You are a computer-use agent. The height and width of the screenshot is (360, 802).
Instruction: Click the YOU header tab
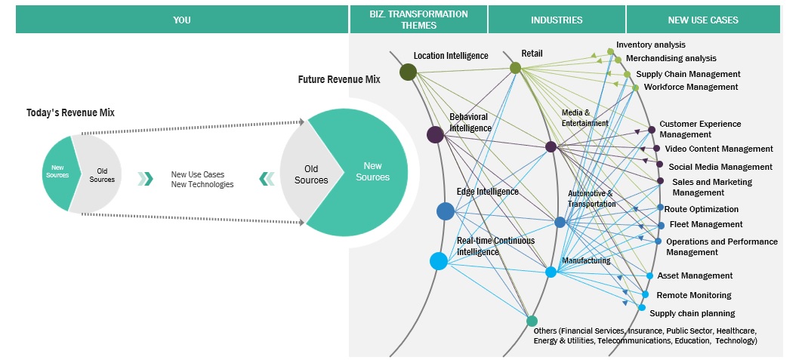[181, 20]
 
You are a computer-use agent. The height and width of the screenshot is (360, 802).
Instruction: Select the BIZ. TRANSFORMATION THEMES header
[418, 20]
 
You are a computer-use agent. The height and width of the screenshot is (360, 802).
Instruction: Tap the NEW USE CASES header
[702, 20]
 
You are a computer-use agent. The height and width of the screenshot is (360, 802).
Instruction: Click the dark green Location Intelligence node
[409, 72]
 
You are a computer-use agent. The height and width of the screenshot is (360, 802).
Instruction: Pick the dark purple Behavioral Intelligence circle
[435, 134]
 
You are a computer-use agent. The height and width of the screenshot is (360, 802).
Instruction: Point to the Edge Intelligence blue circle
[446, 211]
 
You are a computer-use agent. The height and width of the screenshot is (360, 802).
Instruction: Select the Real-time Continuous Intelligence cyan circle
[439, 261]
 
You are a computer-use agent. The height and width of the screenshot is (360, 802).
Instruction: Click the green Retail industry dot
[515, 68]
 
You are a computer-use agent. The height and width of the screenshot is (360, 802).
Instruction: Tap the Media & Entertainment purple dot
[551, 146]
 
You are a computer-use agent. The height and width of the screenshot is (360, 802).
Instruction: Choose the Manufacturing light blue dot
[551, 272]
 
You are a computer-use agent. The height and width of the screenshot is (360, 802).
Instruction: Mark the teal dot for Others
[532, 321]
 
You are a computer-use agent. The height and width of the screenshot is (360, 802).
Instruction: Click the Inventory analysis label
[650, 45]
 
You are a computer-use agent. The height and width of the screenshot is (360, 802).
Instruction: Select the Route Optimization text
[702, 209]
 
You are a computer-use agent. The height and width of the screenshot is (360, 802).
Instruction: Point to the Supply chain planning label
[692, 313]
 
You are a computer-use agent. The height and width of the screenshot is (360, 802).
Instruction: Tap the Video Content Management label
[719, 149]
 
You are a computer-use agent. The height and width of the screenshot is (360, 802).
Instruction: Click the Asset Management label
[695, 275]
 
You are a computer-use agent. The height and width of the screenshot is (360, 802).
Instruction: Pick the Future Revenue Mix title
[338, 78]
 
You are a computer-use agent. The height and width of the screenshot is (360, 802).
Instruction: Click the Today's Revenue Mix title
[70, 112]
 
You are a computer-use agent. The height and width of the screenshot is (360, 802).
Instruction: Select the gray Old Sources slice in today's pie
[97, 174]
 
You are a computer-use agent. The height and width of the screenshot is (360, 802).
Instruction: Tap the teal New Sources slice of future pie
[374, 171]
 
